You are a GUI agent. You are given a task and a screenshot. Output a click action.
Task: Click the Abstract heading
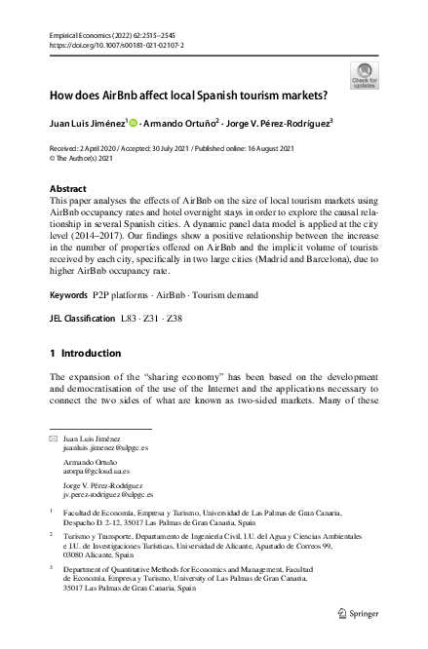tap(68, 186)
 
